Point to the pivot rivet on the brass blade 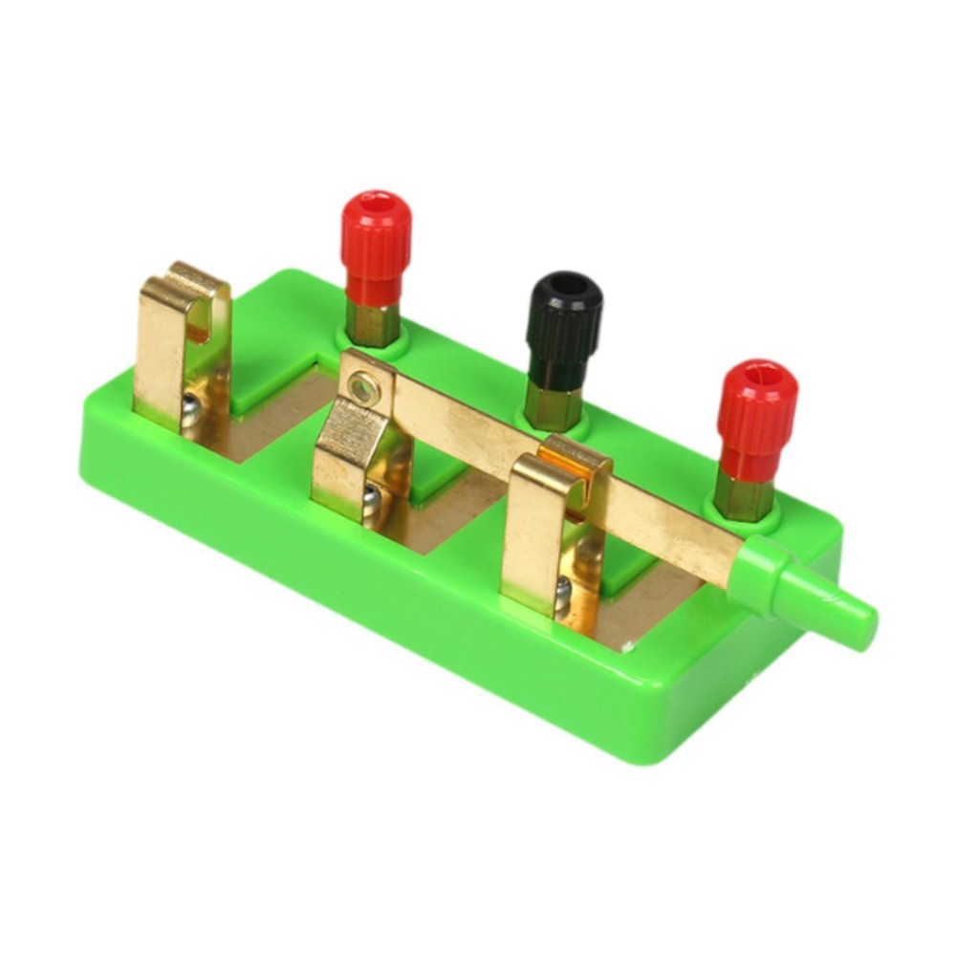(360, 386)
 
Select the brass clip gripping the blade (550, 516)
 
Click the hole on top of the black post (568, 284)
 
